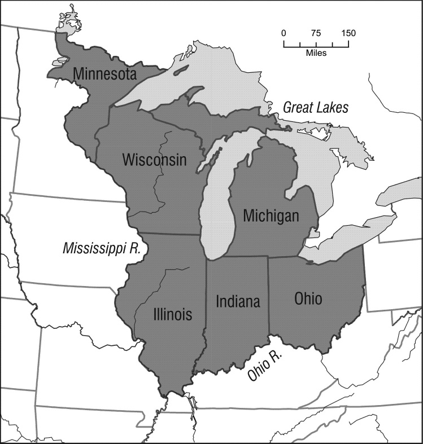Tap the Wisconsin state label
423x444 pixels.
tap(154, 160)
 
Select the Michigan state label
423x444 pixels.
tap(271, 216)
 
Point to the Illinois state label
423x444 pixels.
tap(172, 314)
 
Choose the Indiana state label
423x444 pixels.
tap(238, 301)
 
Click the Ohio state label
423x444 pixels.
tap(308, 298)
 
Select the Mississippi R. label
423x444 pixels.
tap(101, 248)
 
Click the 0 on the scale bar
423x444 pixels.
tap(284, 33)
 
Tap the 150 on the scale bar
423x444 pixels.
tap(348, 33)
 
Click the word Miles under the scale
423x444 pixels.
tap(316, 53)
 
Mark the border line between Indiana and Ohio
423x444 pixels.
tap(268, 293)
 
